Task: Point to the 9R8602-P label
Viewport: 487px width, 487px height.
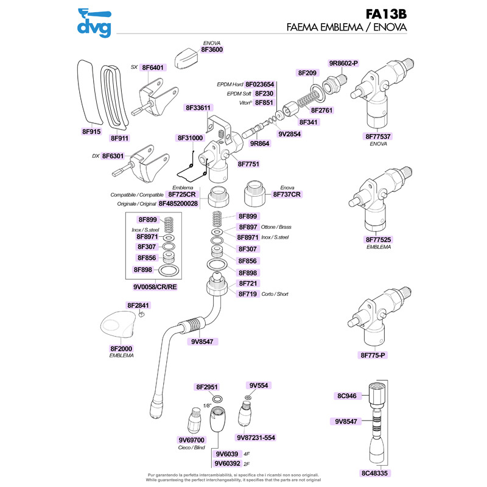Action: click(x=344, y=63)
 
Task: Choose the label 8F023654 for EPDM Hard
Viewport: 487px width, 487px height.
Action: click(x=260, y=85)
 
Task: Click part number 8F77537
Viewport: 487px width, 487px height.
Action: click(x=378, y=136)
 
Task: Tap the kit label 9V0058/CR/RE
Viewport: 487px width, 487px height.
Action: click(x=155, y=286)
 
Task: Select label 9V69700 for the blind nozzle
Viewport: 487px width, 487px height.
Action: click(x=191, y=439)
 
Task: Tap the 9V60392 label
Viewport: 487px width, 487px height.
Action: click(x=228, y=464)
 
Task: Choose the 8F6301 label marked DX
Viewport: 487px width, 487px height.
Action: click(x=113, y=156)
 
